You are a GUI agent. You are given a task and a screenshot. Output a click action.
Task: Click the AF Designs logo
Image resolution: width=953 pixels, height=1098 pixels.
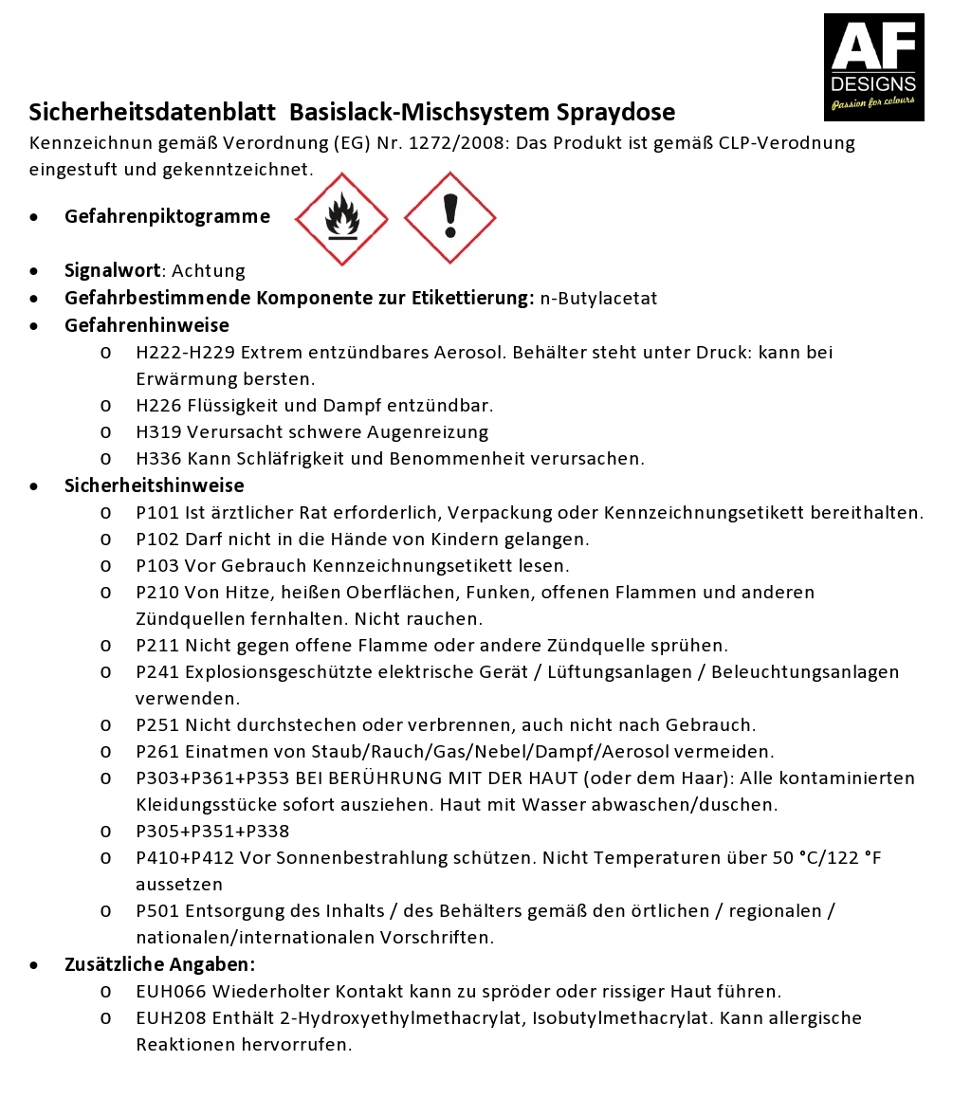tap(873, 66)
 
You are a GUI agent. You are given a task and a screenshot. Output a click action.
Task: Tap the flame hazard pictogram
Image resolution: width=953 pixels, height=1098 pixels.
tap(341, 219)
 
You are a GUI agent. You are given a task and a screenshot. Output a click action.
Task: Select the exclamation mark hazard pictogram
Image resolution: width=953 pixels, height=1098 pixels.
tap(450, 218)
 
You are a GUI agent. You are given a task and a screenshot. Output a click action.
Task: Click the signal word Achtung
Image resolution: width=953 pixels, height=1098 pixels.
tap(209, 271)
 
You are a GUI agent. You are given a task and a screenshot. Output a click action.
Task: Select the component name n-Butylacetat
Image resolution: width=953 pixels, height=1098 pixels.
tap(598, 299)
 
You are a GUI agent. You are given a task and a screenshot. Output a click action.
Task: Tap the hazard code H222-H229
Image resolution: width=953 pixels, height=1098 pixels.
tap(185, 353)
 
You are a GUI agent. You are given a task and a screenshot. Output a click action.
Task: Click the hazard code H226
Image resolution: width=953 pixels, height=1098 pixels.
tap(159, 406)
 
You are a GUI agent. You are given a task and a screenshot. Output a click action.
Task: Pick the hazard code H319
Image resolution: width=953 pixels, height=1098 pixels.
tap(159, 432)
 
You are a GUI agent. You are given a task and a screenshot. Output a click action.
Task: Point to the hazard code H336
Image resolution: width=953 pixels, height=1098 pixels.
tap(159, 459)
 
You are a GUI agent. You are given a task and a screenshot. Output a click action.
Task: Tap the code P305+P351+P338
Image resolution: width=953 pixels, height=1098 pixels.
tap(212, 832)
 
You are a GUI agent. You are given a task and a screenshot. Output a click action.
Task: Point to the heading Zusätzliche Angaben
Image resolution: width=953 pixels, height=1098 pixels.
tap(159, 965)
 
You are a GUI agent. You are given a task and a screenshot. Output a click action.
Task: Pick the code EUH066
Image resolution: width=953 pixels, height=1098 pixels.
tap(171, 992)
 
